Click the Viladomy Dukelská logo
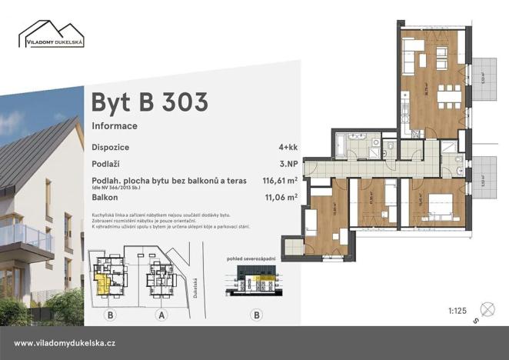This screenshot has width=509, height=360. click(52, 35)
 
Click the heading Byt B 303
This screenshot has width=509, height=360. click(149, 102)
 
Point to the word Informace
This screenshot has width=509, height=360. click(115, 125)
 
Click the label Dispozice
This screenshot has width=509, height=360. click(111, 146)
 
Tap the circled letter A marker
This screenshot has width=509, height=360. click(161, 314)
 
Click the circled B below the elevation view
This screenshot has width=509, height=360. click(257, 314)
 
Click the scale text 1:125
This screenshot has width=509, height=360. click(457, 311)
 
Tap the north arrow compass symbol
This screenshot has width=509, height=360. click(484, 305)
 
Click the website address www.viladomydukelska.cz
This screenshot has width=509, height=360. click(65, 343)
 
